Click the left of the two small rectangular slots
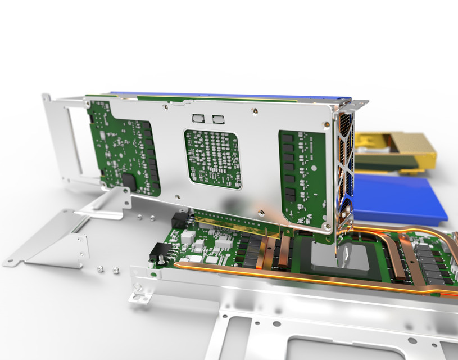click(x=199, y=119)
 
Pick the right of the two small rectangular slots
click(x=217, y=119)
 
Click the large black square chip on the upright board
click(x=129, y=182)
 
